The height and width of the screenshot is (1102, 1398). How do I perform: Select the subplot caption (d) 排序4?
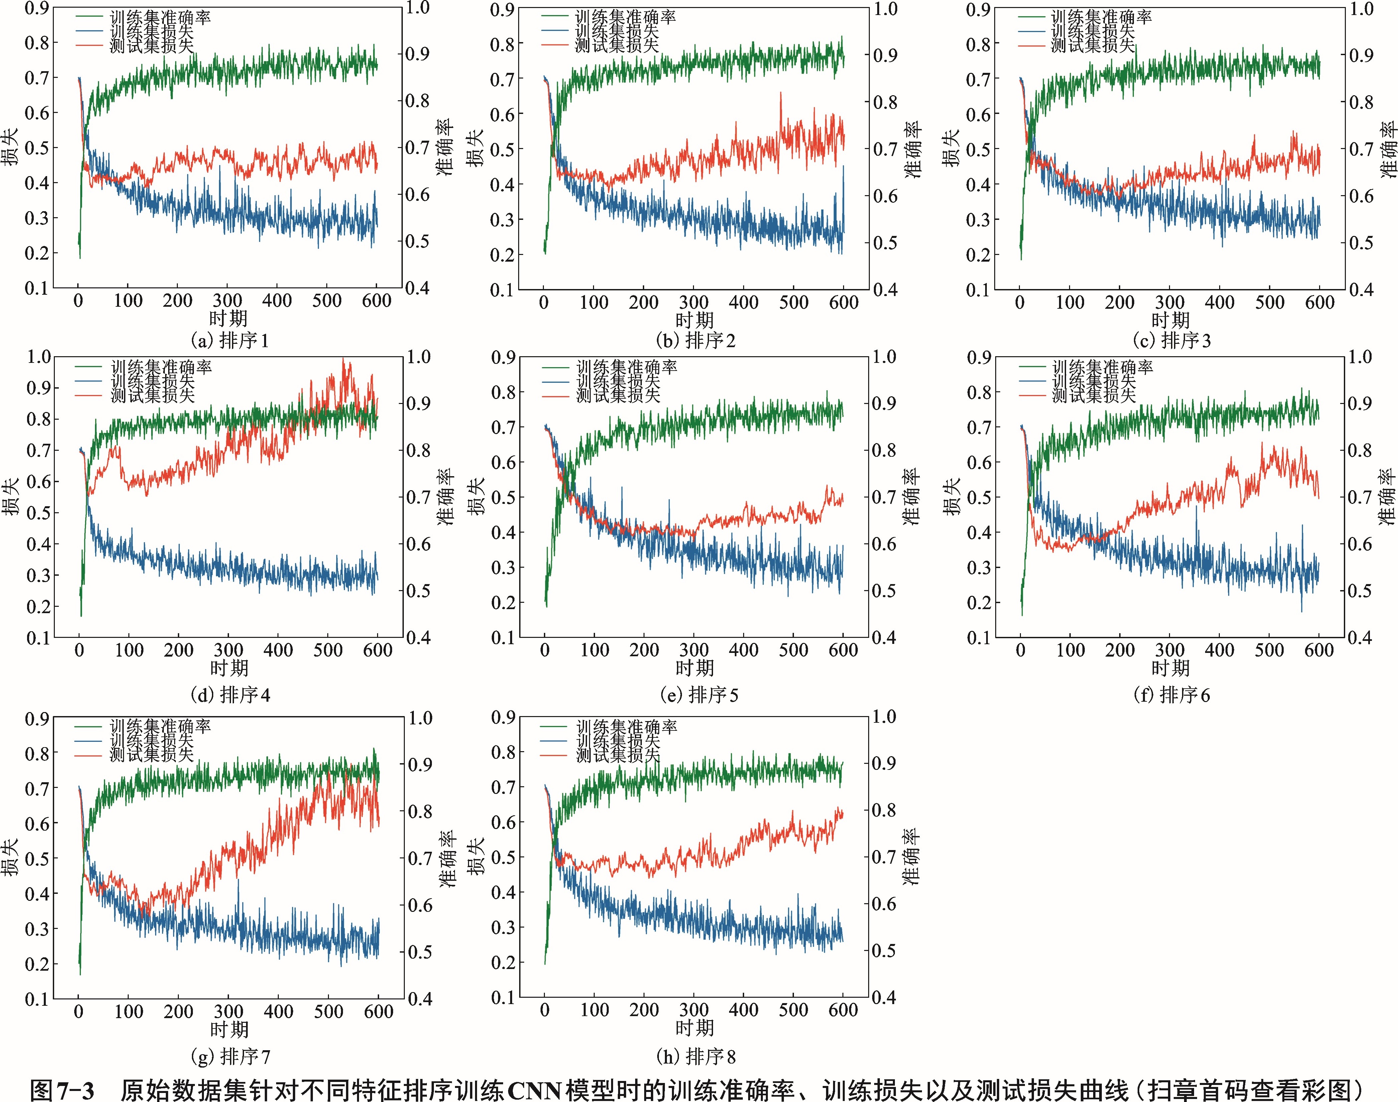tap(230, 695)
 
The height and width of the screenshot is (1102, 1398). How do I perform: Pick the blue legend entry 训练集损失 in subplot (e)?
tap(618, 381)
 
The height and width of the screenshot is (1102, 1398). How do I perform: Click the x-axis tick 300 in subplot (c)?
tap(1170, 302)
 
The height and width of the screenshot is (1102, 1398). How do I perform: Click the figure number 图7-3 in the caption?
tap(63, 1090)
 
